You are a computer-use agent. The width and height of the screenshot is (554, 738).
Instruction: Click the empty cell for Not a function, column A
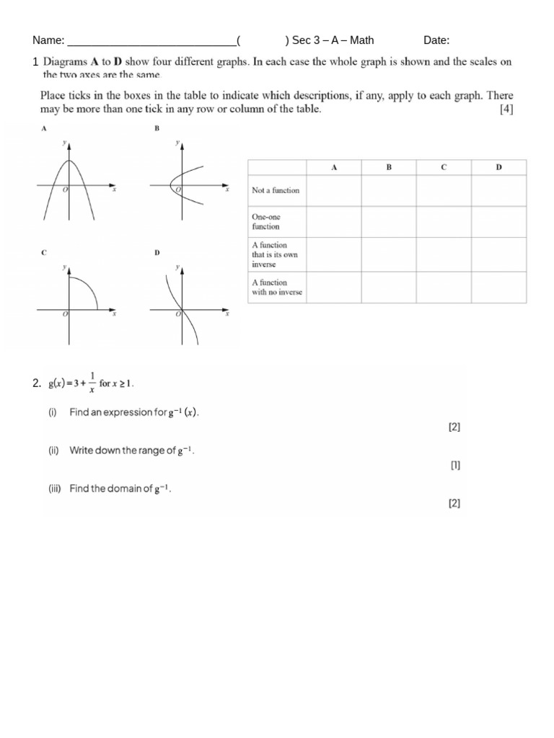[x=334, y=190]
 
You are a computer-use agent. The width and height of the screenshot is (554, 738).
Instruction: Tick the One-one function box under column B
[x=389, y=222]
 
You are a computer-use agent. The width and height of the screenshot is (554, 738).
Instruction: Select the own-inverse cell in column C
[x=444, y=254]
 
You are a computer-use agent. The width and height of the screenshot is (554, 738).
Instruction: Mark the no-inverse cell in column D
[x=498, y=287]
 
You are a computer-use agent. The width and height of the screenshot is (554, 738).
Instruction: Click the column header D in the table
[x=498, y=167]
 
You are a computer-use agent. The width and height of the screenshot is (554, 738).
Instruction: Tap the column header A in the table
[x=334, y=167]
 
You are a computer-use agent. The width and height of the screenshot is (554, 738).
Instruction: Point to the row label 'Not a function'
[x=276, y=190]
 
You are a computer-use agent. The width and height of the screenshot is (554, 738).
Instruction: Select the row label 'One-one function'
[x=266, y=221]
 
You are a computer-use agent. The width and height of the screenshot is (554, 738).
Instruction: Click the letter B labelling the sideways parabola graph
[x=157, y=128]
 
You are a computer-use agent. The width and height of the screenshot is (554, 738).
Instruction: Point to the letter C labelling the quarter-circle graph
[x=44, y=253]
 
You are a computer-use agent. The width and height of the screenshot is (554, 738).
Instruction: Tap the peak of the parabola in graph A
[x=69, y=160]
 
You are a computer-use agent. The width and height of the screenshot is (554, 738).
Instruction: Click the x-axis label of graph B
[x=227, y=190]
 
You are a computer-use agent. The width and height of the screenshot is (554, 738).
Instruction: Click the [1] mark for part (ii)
[x=455, y=465]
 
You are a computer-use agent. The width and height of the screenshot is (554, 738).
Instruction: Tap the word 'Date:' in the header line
[x=436, y=40]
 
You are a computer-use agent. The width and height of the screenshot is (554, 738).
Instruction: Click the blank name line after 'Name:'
[x=151, y=42]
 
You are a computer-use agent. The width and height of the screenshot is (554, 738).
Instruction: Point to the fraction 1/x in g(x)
[x=91, y=383]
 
